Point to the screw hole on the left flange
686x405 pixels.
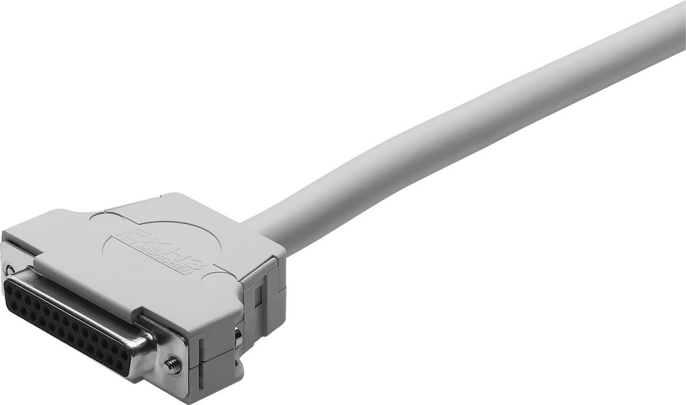[9, 268]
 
